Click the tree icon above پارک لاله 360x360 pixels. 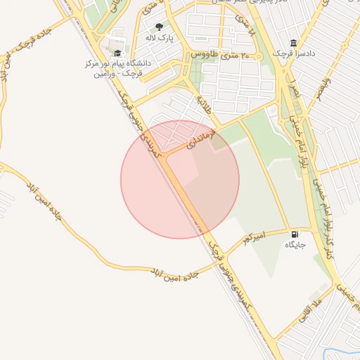(160, 27)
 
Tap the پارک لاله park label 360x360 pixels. (160, 37)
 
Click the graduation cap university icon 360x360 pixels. (118, 53)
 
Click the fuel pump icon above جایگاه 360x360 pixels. (295, 233)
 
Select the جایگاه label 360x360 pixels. (295, 245)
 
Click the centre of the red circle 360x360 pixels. (180, 179)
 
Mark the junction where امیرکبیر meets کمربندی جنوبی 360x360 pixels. (210, 238)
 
